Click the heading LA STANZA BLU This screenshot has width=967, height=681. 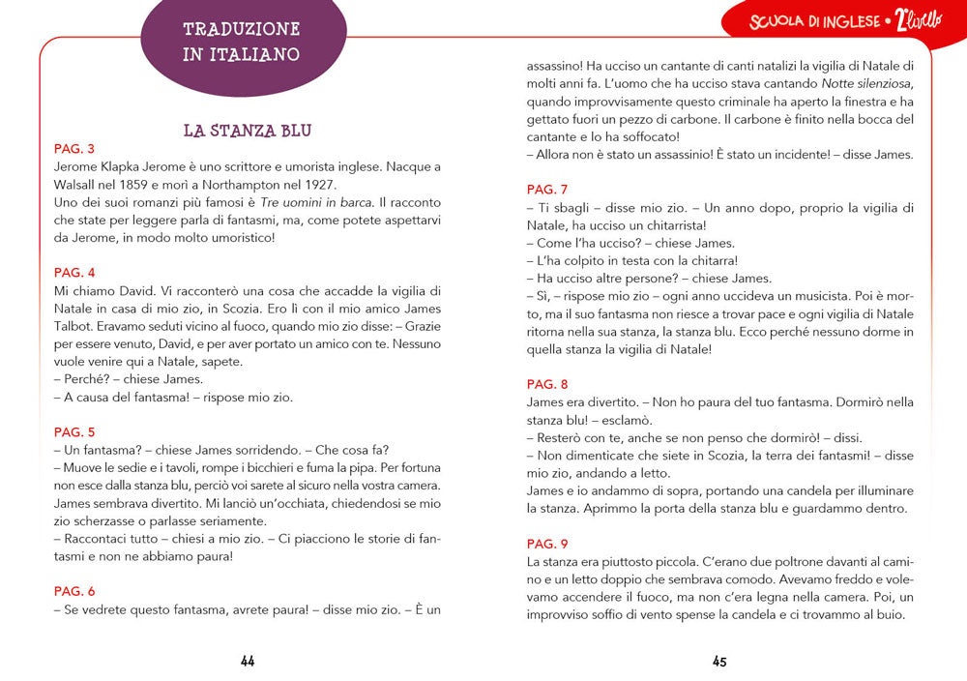tap(247, 131)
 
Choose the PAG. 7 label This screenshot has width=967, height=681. tap(547, 190)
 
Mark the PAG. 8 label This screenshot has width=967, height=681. tap(547, 384)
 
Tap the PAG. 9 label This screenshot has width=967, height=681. tap(547, 544)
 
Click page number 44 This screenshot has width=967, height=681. tap(248, 662)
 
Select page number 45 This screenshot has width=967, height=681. tap(719, 662)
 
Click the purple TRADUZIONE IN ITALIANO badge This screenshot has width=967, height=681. tap(242, 42)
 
